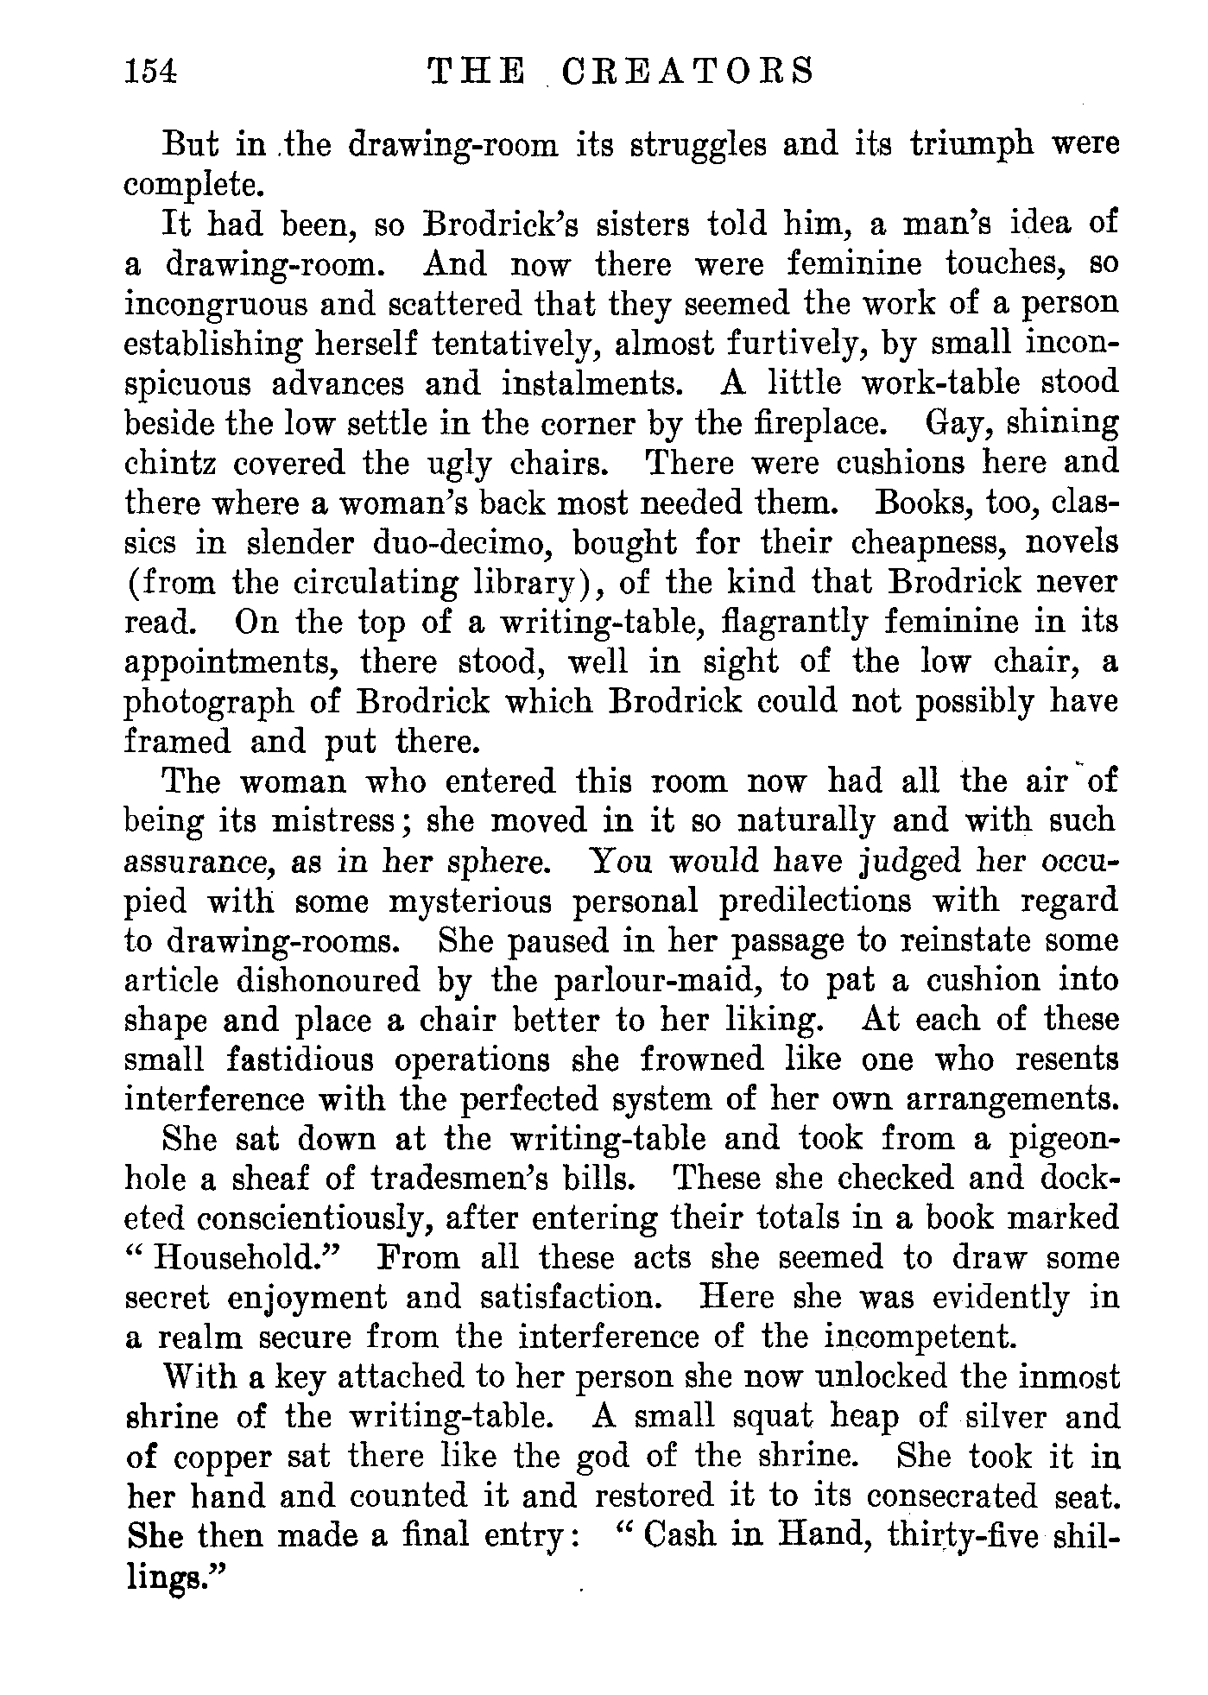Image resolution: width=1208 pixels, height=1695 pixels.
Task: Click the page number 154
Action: pyautogui.click(x=151, y=71)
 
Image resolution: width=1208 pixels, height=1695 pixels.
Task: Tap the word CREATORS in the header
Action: pyautogui.click(x=687, y=71)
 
